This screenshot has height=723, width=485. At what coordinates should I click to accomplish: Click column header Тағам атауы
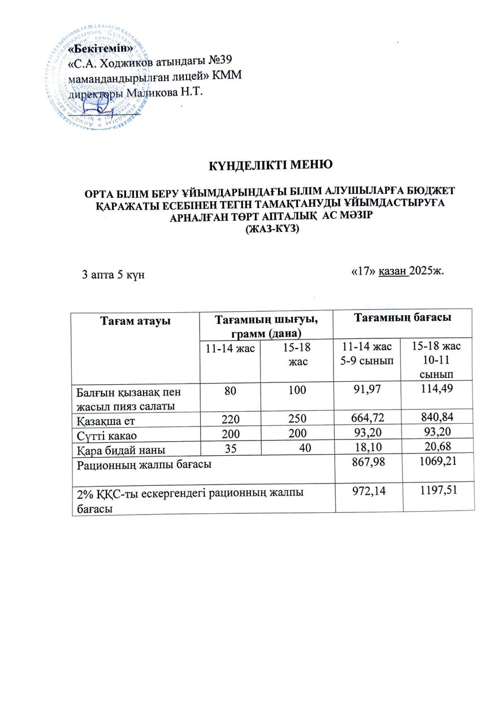click(135, 321)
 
